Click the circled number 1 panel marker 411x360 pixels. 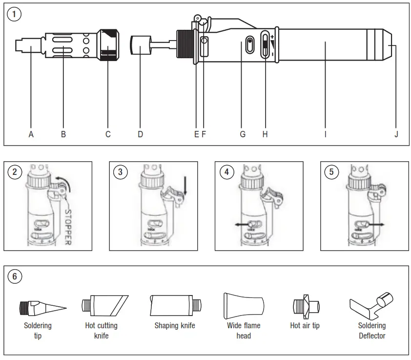15,14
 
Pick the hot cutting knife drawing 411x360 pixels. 104,305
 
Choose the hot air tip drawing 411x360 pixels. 305,306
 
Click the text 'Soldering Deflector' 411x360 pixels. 371,331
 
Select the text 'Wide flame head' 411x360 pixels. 244,331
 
